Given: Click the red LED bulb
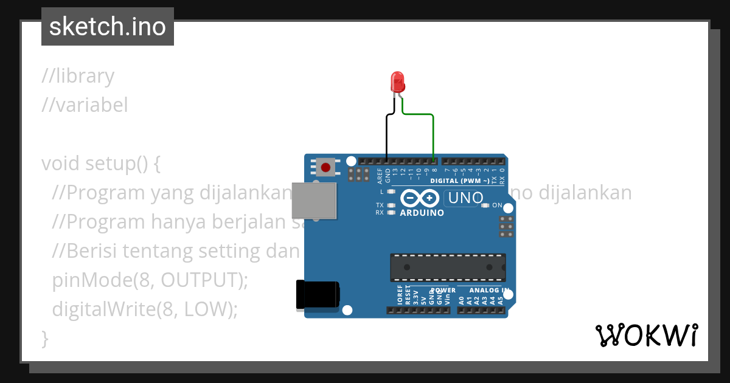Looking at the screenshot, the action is pos(397,81).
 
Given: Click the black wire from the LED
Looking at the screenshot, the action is pos(387,137).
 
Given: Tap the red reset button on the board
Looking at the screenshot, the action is pos(326,167).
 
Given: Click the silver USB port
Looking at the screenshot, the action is pos(313,200).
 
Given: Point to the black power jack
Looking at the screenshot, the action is pos(316,294).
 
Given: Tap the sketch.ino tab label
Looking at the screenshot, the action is pos(108,27).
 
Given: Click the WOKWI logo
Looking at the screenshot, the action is pos(646,335).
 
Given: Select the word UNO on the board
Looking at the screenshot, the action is pos(465,198).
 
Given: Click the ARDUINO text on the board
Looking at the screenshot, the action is pos(422,213).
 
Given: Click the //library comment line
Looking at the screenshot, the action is pos(78,76).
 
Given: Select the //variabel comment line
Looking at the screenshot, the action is pos(85,105).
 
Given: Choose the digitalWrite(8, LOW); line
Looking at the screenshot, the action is pos(144,309).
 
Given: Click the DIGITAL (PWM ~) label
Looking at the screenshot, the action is pos(459,181).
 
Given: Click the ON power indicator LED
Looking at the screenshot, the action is pos(485,205).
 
